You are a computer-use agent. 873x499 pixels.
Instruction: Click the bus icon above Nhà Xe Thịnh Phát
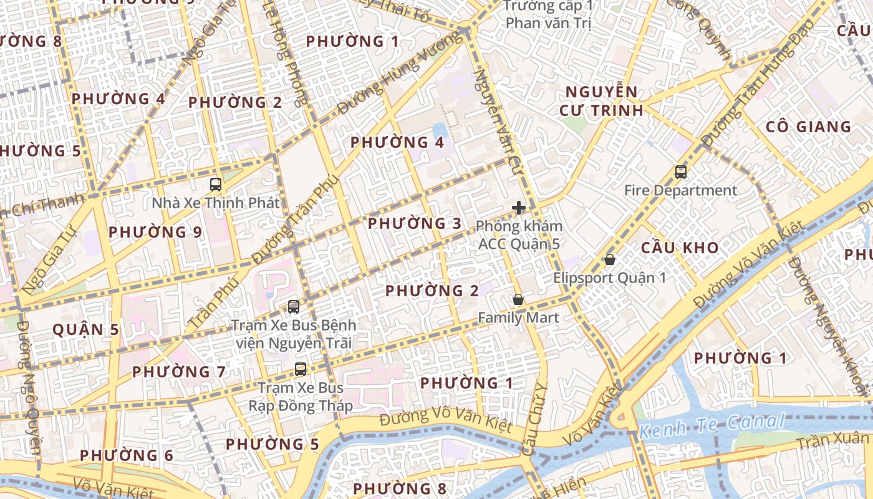216,185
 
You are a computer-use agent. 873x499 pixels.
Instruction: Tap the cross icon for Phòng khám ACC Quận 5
518,208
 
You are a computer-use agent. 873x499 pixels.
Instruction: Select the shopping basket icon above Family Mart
518,300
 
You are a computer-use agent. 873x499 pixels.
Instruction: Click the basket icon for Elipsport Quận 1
610,259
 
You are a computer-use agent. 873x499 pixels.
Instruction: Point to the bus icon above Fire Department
680,172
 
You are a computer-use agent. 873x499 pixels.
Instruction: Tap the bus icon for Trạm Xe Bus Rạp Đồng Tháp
301,369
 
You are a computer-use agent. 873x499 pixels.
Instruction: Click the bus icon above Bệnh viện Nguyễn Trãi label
294,307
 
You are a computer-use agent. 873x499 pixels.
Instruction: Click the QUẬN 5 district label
85,329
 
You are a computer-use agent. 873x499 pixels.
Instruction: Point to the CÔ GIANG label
808,127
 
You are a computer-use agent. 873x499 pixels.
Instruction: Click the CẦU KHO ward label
680,248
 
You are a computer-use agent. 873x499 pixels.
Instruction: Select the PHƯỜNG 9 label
155,232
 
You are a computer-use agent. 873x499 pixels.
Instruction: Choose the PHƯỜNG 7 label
179,372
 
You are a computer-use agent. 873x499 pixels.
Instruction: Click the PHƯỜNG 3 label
415,223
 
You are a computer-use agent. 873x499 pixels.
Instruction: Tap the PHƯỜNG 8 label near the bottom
400,488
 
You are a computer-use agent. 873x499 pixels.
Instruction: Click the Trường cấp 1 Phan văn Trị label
547,14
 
